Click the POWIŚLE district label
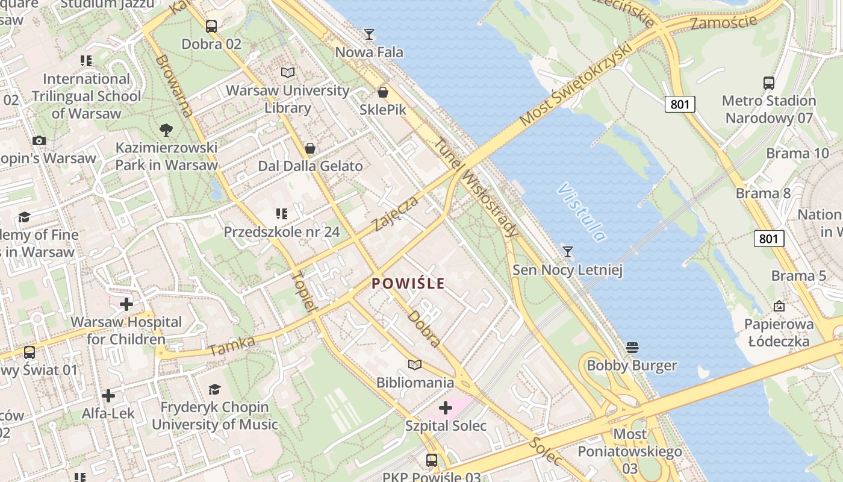click(408, 283)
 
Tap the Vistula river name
click(581, 212)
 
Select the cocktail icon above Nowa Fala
click(369, 34)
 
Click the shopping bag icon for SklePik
click(382, 93)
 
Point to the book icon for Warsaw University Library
click(288, 73)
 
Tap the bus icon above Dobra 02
click(211, 27)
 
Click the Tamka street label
click(232, 346)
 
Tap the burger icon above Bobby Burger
click(632, 348)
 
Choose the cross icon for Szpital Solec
click(446, 408)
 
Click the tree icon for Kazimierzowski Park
click(166, 130)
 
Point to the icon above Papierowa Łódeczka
click(779, 306)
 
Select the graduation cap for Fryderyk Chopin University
click(214, 389)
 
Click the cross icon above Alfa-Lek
click(108, 396)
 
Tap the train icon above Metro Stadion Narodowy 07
click(768, 83)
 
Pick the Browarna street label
click(175, 86)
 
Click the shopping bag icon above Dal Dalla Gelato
click(310, 148)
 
